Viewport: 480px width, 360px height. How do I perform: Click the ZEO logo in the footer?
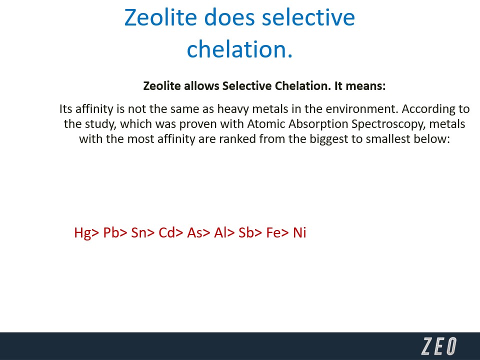click(439, 346)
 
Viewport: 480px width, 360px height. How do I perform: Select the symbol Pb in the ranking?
click(111, 232)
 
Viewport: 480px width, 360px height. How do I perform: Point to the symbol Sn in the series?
click(138, 232)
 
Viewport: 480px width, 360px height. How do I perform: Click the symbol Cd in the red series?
click(166, 232)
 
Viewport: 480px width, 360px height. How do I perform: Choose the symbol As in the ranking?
click(194, 232)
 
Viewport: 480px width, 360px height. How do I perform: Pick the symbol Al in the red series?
click(220, 232)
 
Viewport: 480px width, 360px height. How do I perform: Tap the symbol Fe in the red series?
click(273, 232)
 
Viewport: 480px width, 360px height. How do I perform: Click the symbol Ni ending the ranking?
click(299, 232)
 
